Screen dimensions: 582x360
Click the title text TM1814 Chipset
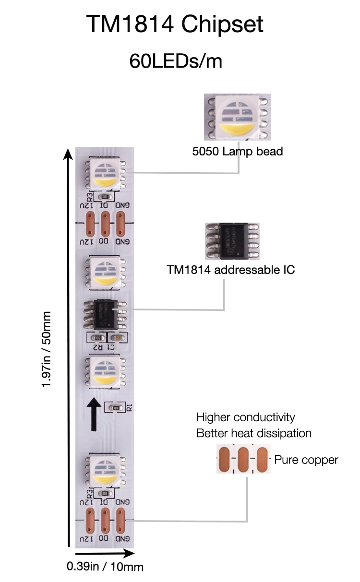175,24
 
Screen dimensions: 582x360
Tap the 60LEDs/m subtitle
176,61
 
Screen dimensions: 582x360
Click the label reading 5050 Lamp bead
237,152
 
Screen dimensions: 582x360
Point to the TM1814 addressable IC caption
230,270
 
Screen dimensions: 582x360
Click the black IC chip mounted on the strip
105,314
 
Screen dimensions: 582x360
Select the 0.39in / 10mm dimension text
105,566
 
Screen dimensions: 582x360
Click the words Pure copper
306,460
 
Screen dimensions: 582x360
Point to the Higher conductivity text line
245,417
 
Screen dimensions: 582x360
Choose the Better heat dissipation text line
253,433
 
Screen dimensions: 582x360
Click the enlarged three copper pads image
243,460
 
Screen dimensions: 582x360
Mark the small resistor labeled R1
115,408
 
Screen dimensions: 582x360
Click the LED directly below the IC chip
105,372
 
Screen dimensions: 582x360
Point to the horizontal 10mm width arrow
98,553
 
